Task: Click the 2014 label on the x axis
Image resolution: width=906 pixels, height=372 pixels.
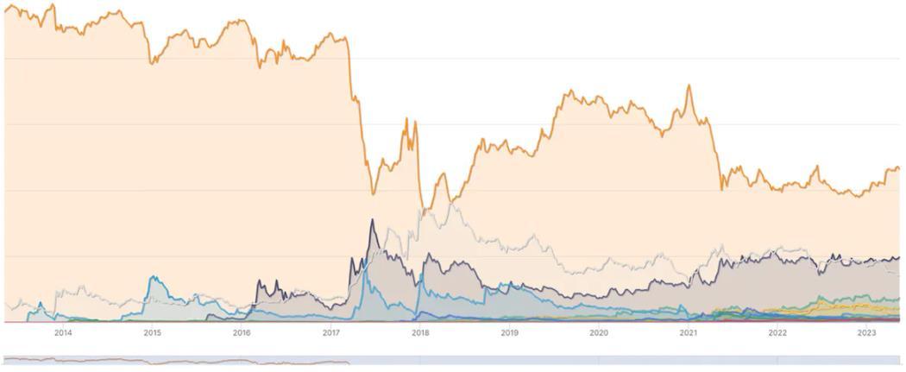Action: click(x=63, y=332)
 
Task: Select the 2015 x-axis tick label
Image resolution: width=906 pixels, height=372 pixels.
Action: click(x=152, y=332)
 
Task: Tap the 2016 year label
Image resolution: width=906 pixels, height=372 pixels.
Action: click(x=242, y=332)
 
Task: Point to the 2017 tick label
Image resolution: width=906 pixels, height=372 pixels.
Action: click(x=330, y=332)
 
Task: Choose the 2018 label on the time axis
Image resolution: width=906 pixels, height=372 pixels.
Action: click(x=420, y=332)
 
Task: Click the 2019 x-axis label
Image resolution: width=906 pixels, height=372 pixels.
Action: click(x=509, y=332)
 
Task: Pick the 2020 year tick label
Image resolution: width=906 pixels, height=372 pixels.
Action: click(x=599, y=332)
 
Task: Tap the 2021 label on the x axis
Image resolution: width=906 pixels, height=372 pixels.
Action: click(x=688, y=332)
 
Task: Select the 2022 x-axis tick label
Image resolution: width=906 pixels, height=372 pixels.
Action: click(x=777, y=332)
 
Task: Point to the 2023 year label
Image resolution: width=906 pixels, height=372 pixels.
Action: click(x=866, y=332)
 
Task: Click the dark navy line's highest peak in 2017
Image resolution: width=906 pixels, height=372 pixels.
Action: click(x=372, y=220)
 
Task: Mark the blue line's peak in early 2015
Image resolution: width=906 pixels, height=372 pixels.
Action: click(x=153, y=277)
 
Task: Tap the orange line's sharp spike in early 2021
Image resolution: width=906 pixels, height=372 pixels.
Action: click(x=689, y=85)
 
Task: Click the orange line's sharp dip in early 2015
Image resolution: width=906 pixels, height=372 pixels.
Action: click(x=152, y=63)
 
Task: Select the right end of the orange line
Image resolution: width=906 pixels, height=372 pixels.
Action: click(x=898, y=168)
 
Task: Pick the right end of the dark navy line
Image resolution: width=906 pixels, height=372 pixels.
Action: click(x=898, y=257)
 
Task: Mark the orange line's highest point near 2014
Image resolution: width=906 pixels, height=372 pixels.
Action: click(x=53, y=5)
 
